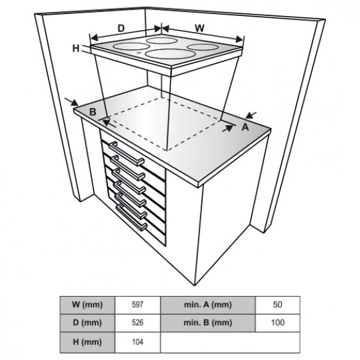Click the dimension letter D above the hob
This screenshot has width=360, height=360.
pyautogui.click(x=121, y=28)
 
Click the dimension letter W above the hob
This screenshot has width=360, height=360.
pyautogui.click(x=200, y=28)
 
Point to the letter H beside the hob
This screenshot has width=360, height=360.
pyautogui.click(x=75, y=49)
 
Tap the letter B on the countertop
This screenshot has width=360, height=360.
pyautogui.click(x=93, y=112)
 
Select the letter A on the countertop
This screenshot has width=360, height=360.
pyautogui.click(x=246, y=127)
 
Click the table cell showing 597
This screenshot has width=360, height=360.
pyautogui.click(x=137, y=305)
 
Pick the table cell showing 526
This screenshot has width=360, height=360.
pyautogui.click(x=137, y=323)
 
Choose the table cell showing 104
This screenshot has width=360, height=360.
pyautogui.click(x=137, y=342)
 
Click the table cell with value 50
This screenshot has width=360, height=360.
pyautogui.click(x=278, y=305)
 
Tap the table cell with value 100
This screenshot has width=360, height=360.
pyautogui.click(x=278, y=323)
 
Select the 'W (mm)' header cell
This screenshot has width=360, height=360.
pyautogui.click(x=87, y=305)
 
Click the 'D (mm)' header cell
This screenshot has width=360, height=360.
pyautogui.click(x=87, y=323)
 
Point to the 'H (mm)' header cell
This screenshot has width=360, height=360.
pyautogui.click(x=87, y=342)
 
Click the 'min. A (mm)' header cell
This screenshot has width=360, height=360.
pyautogui.click(x=208, y=305)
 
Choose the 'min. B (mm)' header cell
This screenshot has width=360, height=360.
pyautogui.click(x=208, y=323)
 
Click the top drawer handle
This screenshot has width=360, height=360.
pyautogui.click(x=127, y=153)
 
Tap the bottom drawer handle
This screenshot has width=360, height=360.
pyautogui.click(x=131, y=217)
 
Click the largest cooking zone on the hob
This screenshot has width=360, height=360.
pyautogui.click(x=170, y=54)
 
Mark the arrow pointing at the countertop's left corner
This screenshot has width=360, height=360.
pyautogui.click(x=72, y=102)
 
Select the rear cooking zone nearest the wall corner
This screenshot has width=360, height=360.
pyautogui.click(x=162, y=40)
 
